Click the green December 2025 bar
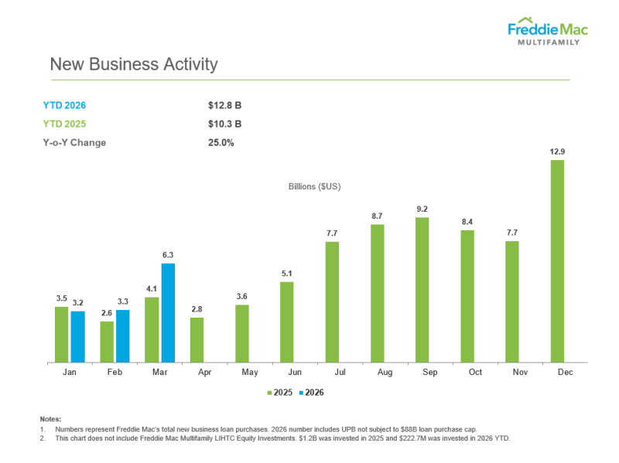(557, 261)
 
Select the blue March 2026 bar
(168, 313)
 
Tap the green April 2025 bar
(197, 340)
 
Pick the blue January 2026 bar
(77, 337)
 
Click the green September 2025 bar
(422, 290)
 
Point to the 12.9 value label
(557, 151)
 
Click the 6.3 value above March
(168, 254)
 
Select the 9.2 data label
(422, 209)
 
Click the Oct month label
(475, 373)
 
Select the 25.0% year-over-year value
(221, 142)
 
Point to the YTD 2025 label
(63, 124)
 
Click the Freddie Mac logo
(547, 32)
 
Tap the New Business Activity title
(134, 64)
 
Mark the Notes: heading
(50, 419)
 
